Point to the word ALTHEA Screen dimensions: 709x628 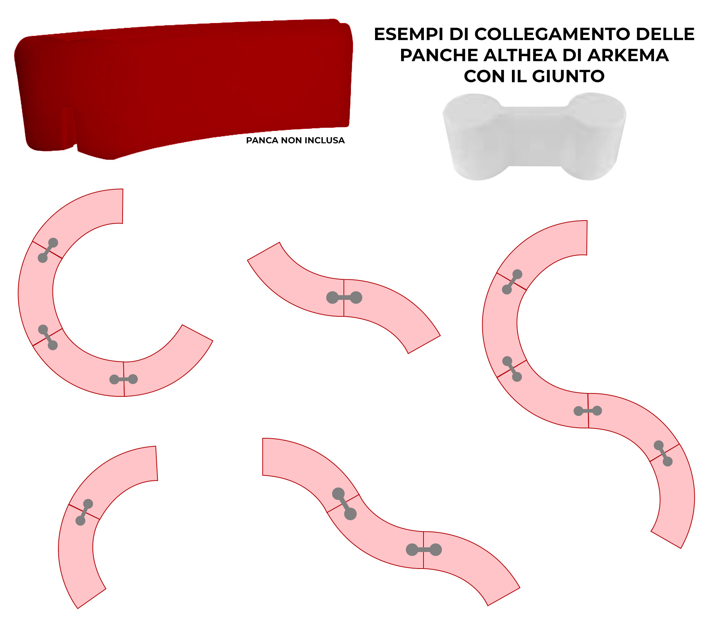click(521, 55)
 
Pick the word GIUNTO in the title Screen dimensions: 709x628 click(568, 76)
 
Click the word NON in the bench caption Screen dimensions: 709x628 click(292, 141)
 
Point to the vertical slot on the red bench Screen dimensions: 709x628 click(69, 127)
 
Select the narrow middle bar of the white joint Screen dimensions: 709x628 click(535, 136)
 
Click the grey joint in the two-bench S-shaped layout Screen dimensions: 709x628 click(344, 297)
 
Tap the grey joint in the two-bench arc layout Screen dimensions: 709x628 click(84, 512)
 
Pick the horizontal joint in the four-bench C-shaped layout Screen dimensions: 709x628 click(124, 379)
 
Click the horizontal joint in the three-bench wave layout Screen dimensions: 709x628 click(424, 549)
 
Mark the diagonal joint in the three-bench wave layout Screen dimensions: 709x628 click(344, 504)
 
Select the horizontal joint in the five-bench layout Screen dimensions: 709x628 click(588, 411)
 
